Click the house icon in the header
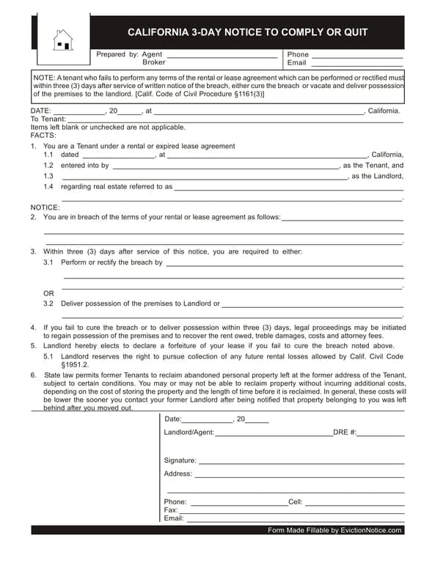[x=63, y=40]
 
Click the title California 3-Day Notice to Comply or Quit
[x=247, y=32]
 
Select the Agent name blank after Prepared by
[x=222, y=55]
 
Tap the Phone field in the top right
[x=357, y=55]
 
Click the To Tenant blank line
[x=235, y=119]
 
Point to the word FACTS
[x=43, y=136]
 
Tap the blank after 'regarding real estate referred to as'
[x=288, y=187]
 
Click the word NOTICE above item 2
[x=45, y=207]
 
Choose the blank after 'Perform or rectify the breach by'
[x=284, y=262]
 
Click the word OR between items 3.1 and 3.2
[x=48, y=293]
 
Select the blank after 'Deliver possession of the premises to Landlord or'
[x=312, y=304]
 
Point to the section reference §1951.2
[x=75, y=364]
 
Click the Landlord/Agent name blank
[x=274, y=433]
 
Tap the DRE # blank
[x=381, y=433]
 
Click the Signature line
[x=301, y=461]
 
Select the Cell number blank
[x=354, y=503]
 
